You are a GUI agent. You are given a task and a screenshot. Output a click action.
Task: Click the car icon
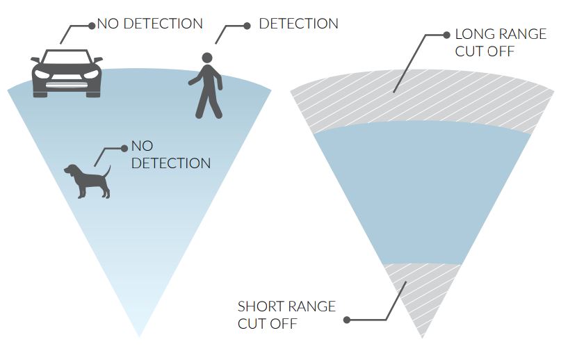[67, 73]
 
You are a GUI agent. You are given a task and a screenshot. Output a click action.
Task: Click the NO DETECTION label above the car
[150, 24]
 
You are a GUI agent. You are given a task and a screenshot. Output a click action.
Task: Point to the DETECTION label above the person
[298, 24]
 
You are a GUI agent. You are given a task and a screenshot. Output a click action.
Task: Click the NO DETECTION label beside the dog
[170, 156]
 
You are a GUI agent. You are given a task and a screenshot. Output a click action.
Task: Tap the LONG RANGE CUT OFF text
[500, 42]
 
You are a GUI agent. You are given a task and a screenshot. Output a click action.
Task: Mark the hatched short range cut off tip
[422, 292]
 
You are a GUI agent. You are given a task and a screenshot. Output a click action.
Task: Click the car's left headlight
[43, 74]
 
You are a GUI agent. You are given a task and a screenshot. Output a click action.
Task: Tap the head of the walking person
[206, 58]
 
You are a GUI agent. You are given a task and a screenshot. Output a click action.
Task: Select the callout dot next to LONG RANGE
[446, 34]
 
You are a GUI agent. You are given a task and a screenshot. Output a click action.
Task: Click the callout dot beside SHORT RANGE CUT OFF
[347, 320]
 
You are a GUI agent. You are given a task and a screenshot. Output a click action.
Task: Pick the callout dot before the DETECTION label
[247, 26]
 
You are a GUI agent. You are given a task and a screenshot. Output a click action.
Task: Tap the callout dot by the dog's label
[124, 148]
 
